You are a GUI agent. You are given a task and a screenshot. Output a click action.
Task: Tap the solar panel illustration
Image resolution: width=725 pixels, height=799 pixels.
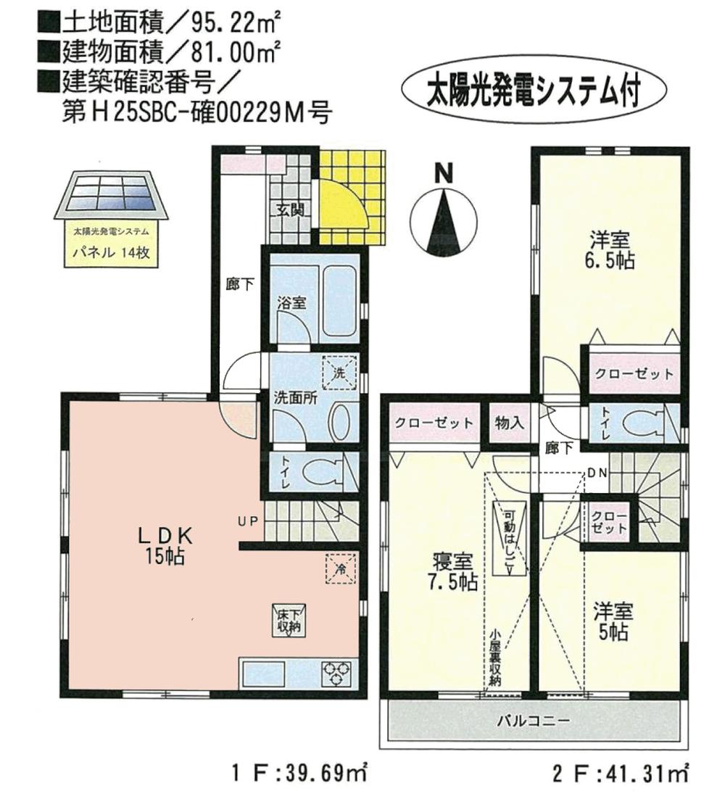coord(110,196)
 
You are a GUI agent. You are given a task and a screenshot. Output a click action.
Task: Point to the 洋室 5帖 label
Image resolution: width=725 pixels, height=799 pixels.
coord(613,621)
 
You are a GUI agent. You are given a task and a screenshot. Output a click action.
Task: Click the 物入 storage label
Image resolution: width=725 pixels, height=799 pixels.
coord(510,423)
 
